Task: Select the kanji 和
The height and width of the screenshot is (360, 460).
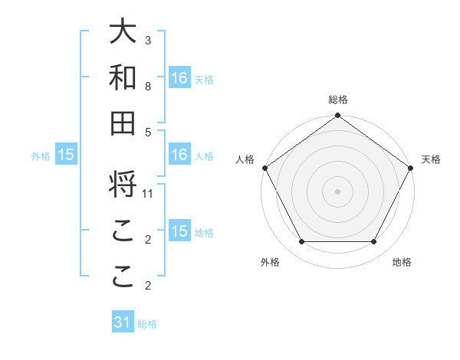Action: (x=123, y=77)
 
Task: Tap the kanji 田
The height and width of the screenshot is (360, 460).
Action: (x=123, y=123)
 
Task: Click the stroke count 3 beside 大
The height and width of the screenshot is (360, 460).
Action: (x=148, y=40)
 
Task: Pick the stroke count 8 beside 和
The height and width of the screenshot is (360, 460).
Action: (x=148, y=86)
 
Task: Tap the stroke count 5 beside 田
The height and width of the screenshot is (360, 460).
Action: (x=148, y=132)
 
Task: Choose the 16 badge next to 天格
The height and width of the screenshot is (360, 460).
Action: (x=179, y=77)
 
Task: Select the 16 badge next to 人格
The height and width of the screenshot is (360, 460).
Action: (x=179, y=155)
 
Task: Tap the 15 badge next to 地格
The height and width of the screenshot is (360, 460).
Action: (x=179, y=231)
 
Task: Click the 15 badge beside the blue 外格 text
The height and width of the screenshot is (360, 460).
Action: (x=66, y=155)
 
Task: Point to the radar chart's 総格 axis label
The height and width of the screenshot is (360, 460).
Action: (x=338, y=100)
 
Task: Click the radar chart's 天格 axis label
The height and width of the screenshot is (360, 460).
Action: (x=432, y=159)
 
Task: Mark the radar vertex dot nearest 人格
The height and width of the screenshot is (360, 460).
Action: (x=265, y=168)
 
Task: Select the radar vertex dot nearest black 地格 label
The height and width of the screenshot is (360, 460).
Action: (x=374, y=242)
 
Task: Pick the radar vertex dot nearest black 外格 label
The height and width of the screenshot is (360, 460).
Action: (x=301, y=242)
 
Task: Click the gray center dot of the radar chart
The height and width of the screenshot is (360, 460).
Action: (x=338, y=191)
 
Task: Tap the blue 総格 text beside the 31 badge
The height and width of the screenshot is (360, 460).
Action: (x=147, y=324)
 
